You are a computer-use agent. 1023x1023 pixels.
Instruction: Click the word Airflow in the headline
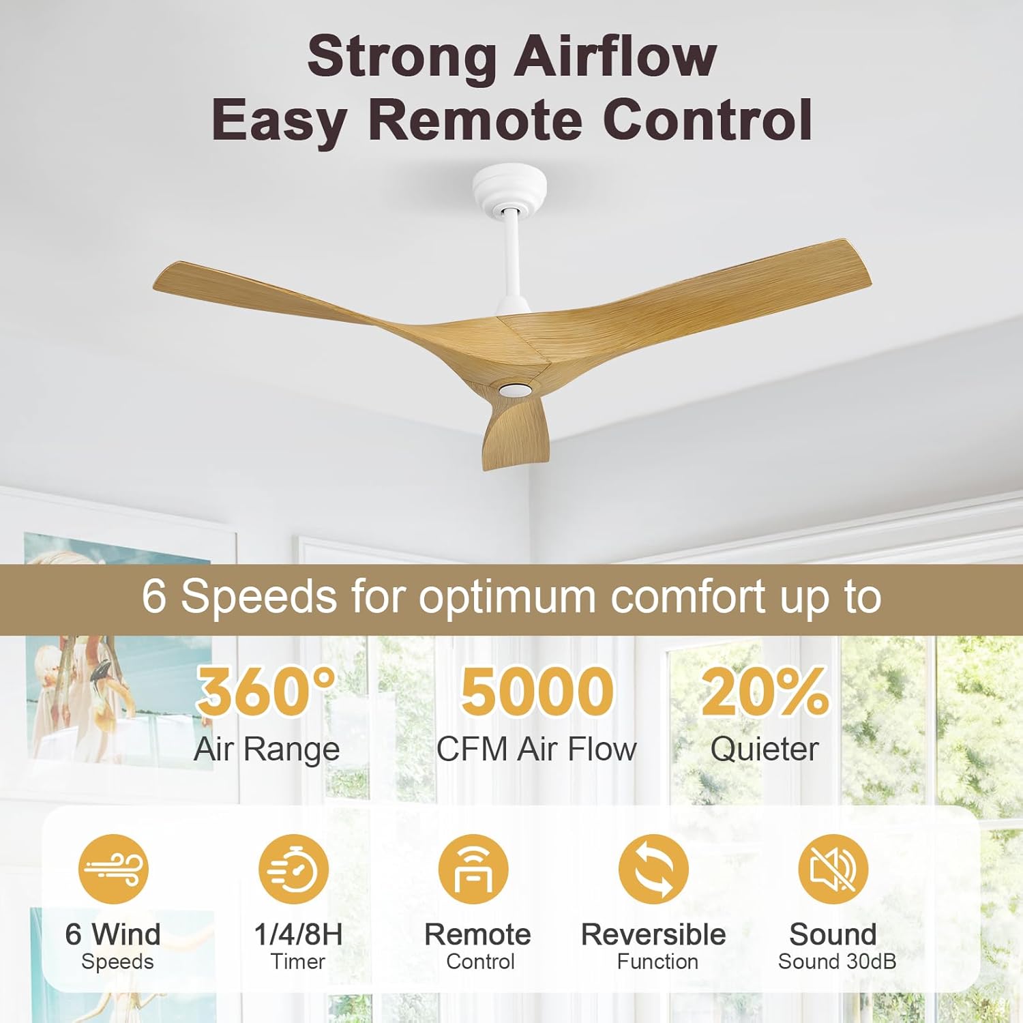614,57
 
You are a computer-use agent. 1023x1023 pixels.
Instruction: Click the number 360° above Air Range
266,691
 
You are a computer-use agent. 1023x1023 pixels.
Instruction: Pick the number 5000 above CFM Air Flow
537,691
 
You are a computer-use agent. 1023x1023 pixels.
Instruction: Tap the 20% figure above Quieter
765,691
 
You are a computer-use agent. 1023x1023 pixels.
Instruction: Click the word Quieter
765,750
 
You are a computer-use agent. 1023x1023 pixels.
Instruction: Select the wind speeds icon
113,869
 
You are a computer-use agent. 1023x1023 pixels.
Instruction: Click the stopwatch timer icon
293,869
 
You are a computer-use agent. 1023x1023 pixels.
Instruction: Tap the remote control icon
473,869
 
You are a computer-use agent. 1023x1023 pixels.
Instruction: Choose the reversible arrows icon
653,869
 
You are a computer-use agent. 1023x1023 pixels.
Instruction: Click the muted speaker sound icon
833,869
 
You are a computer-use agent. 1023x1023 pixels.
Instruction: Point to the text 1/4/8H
298,934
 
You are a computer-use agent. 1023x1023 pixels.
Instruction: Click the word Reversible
653,934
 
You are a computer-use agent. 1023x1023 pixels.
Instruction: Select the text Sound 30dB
837,962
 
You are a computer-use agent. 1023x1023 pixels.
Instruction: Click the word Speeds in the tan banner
258,597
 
